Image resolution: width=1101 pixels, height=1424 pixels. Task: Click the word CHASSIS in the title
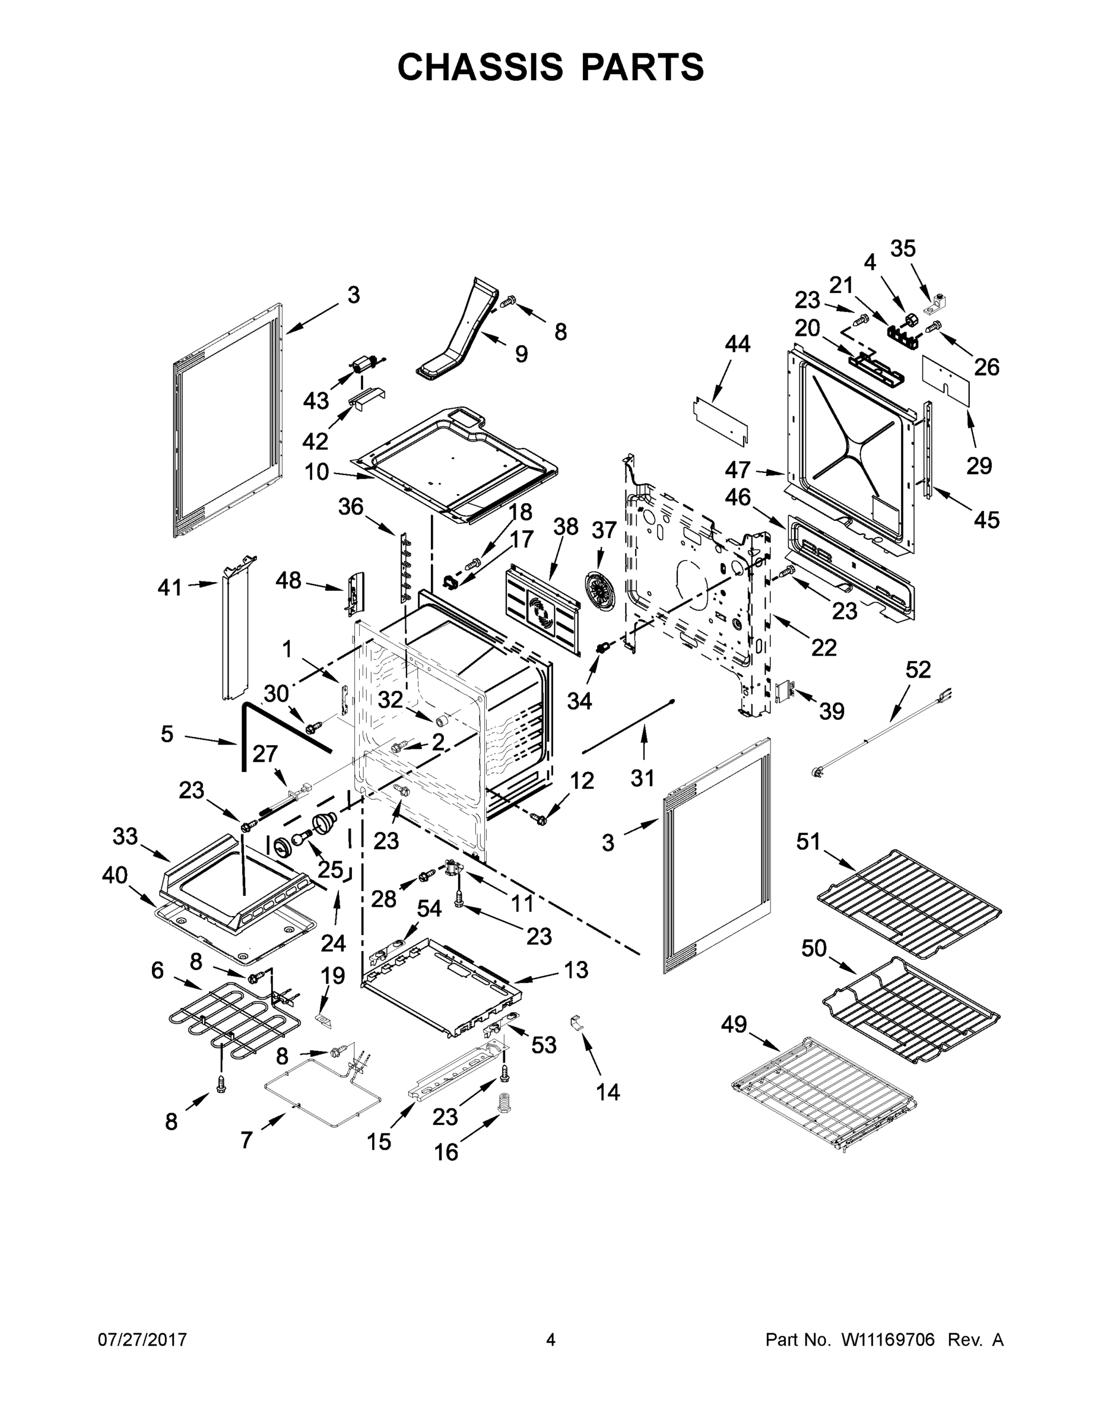480,67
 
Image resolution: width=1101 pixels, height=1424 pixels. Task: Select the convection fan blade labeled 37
599,591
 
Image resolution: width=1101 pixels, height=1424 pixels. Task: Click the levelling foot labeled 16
504,1102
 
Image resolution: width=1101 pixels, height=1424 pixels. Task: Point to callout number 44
737,344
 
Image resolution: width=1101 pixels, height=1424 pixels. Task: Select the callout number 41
170,587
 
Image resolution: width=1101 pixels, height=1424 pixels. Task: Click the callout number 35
903,249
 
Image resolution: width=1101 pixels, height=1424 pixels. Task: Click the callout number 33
125,836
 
